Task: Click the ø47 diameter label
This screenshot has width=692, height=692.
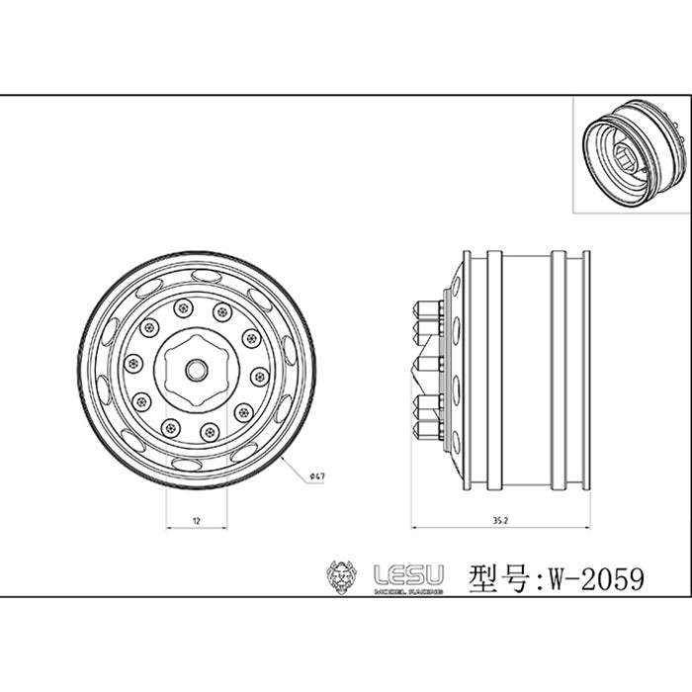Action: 317,476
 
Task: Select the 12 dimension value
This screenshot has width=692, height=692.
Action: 197,521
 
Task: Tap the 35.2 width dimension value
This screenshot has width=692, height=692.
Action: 501,521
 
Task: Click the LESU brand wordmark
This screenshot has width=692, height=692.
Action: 408,575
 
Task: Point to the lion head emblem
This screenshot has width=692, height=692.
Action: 340,576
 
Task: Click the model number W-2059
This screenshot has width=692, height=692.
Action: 596,579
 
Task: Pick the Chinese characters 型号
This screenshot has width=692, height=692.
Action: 498,579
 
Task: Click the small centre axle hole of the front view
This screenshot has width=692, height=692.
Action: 197,371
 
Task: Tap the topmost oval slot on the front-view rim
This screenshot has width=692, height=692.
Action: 206,276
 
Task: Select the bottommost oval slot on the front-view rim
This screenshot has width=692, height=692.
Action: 187,465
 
